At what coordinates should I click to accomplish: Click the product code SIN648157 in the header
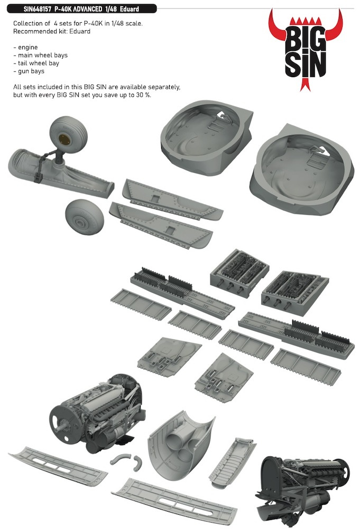point(38,9)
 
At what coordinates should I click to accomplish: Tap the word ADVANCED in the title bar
point(86,9)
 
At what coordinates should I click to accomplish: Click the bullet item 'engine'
point(28,47)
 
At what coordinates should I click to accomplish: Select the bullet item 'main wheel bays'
point(43,55)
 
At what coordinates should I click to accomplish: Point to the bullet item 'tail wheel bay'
point(39,63)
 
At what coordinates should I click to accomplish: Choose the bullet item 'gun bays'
point(31,71)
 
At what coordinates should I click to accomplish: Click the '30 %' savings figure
point(143,95)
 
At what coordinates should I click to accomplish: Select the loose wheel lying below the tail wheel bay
point(84,216)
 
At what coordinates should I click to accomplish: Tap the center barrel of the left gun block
point(230,286)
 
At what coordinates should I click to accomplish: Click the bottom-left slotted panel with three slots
point(58,466)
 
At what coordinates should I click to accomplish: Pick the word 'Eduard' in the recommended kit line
point(79,31)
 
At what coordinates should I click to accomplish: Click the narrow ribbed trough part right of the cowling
point(233,462)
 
